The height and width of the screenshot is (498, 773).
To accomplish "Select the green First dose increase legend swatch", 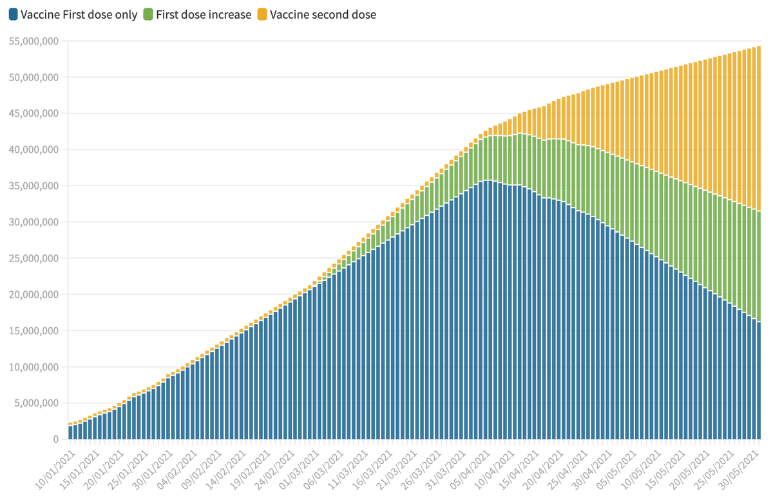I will point(148,14).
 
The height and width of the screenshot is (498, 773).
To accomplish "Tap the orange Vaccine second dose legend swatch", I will point(262,14).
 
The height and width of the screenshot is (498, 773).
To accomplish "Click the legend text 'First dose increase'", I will point(204,14).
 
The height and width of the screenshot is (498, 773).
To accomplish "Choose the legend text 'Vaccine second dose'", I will point(323,14).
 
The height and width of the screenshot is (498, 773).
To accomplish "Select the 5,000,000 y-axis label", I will point(35,403).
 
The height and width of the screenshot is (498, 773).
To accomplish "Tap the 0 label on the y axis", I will point(55,439).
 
